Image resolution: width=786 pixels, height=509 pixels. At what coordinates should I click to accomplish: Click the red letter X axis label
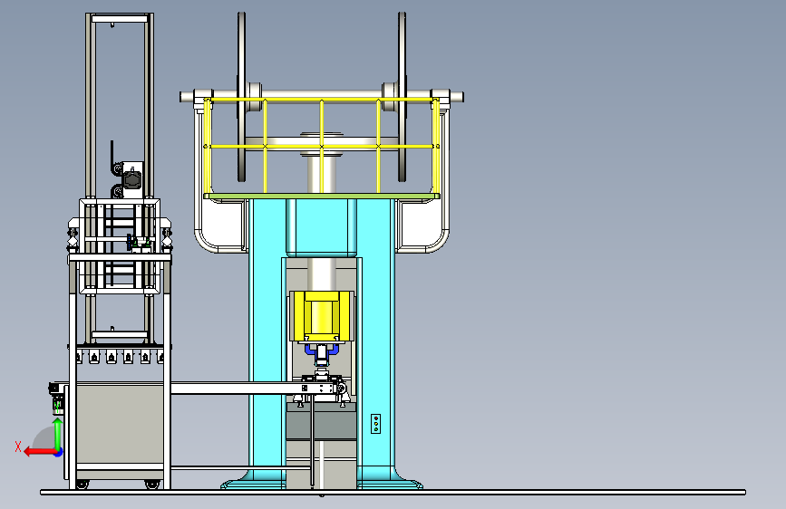pos(18,447)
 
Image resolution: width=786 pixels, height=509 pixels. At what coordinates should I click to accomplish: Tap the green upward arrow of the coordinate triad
pos(58,432)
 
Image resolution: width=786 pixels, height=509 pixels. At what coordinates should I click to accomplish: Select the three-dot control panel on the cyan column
pos(375,423)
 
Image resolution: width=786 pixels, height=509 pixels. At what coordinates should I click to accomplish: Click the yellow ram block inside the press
pos(321,315)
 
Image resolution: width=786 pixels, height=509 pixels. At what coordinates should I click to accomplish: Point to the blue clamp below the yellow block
pos(321,350)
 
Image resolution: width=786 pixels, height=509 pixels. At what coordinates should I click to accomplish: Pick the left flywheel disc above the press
pos(242,97)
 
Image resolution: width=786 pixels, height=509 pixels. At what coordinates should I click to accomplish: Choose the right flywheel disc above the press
pos(402,97)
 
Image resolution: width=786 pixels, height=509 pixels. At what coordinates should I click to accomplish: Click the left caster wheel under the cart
pos(82,485)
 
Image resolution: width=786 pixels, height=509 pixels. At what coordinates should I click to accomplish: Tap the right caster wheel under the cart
pos(151,485)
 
